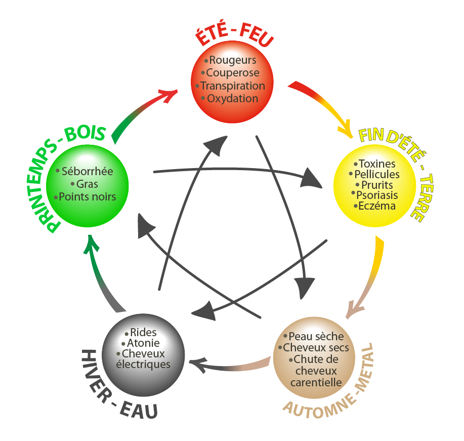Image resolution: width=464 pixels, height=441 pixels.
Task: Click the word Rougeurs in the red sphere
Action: pyautogui.click(x=233, y=60)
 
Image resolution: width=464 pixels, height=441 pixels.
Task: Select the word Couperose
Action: pyautogui.click(x=233, y=73)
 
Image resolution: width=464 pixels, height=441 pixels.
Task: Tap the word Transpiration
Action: pyautogui.click(x=233, y=86)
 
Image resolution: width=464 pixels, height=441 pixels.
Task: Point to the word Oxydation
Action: pyautogui.click(x=233, y=98)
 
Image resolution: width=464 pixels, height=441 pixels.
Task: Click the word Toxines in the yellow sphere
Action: pyautogui.click(x=377, y=164)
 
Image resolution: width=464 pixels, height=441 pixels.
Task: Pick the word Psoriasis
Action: pyautogui.click(x=377, y=195)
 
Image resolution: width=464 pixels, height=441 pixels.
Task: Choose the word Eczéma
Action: pyautogui.click(x=377, y=206)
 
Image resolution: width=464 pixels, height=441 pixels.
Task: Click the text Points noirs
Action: pyautogui.click(x=87, y=196)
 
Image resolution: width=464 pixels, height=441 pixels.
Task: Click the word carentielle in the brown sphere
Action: pyautogui.click(x=316, y=382)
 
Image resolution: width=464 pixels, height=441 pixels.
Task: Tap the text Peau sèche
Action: pyautogui.click(x=316, y=337)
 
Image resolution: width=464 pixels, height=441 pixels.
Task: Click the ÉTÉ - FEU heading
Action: pyautogui.click(x=234, y=36)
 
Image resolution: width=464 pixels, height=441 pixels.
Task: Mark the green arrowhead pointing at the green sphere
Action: pyautogui.click(x=89, y=244)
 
